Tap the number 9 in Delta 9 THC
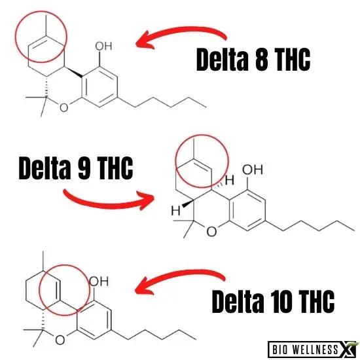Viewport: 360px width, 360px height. point(84,168)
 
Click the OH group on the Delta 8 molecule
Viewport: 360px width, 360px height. point(104,46)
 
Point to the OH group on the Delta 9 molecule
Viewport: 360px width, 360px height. point(253,170)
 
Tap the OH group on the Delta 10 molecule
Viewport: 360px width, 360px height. point(99,281)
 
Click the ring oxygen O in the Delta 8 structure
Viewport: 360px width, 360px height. point(64,107)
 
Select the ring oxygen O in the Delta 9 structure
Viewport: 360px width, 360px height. point(211,232)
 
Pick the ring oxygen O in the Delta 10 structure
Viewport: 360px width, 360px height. point(60,340)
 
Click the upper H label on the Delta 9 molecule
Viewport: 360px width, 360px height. point(230,180)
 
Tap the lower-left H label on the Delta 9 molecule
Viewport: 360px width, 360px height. point(176,211)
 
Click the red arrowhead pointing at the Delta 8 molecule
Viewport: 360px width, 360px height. point(145,41)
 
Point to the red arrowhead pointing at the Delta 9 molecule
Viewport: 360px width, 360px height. point(145,200)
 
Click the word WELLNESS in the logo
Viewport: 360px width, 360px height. point(315,350)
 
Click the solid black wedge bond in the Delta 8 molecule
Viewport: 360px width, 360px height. point(73,71)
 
